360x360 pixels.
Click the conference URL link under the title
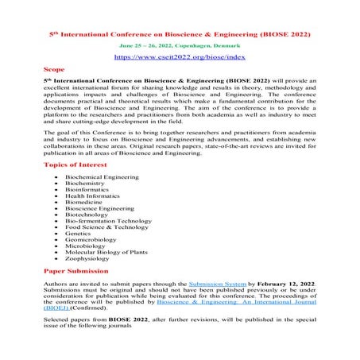(x=180, y=58)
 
